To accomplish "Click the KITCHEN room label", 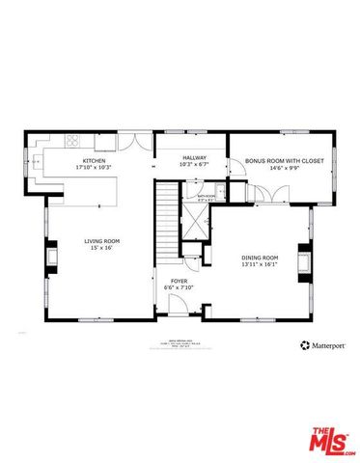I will point(94,160).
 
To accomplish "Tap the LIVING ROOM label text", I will point(100,241).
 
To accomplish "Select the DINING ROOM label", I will point(259,258).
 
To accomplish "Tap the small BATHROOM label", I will point(207,196).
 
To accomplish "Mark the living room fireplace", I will point(51,258).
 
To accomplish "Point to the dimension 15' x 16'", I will point(100,248).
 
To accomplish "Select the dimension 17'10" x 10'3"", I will point(94,167).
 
